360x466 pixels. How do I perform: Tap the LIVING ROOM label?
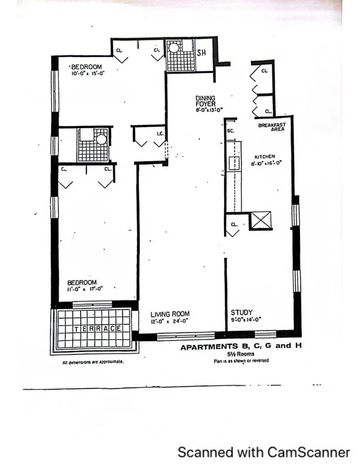170,314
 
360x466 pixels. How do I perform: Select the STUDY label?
241,313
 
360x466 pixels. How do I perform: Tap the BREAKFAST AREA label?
271,127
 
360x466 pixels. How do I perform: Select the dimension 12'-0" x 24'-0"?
170,321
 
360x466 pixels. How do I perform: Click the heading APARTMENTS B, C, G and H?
241,347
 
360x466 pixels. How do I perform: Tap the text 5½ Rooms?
241,355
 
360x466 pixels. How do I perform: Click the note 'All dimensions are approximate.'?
93,362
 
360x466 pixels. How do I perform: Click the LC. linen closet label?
159,134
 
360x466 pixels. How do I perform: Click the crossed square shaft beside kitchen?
259,221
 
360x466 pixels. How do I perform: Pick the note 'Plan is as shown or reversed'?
241,361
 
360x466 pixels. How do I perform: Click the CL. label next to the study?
234,225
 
